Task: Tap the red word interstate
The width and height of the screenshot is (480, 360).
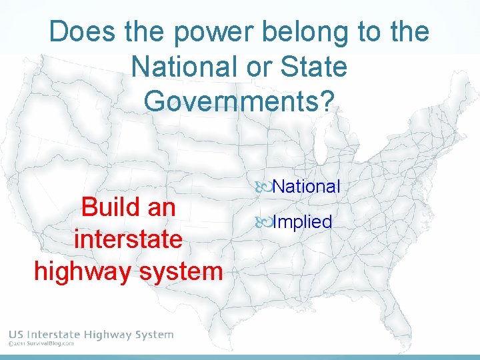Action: [129, 239]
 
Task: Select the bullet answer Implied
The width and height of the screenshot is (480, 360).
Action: [302, 221]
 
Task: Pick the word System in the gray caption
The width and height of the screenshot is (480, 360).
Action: [152, 335]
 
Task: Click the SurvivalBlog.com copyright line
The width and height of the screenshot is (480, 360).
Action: [41, 345]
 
